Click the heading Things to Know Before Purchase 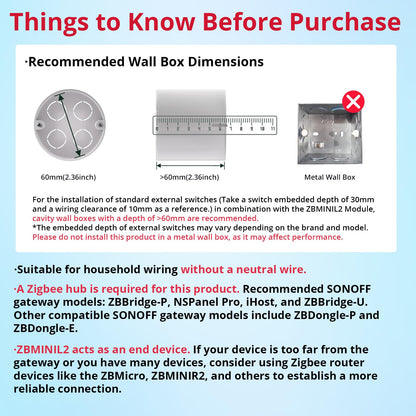tap(208, 21)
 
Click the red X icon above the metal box tap(352, 101)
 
